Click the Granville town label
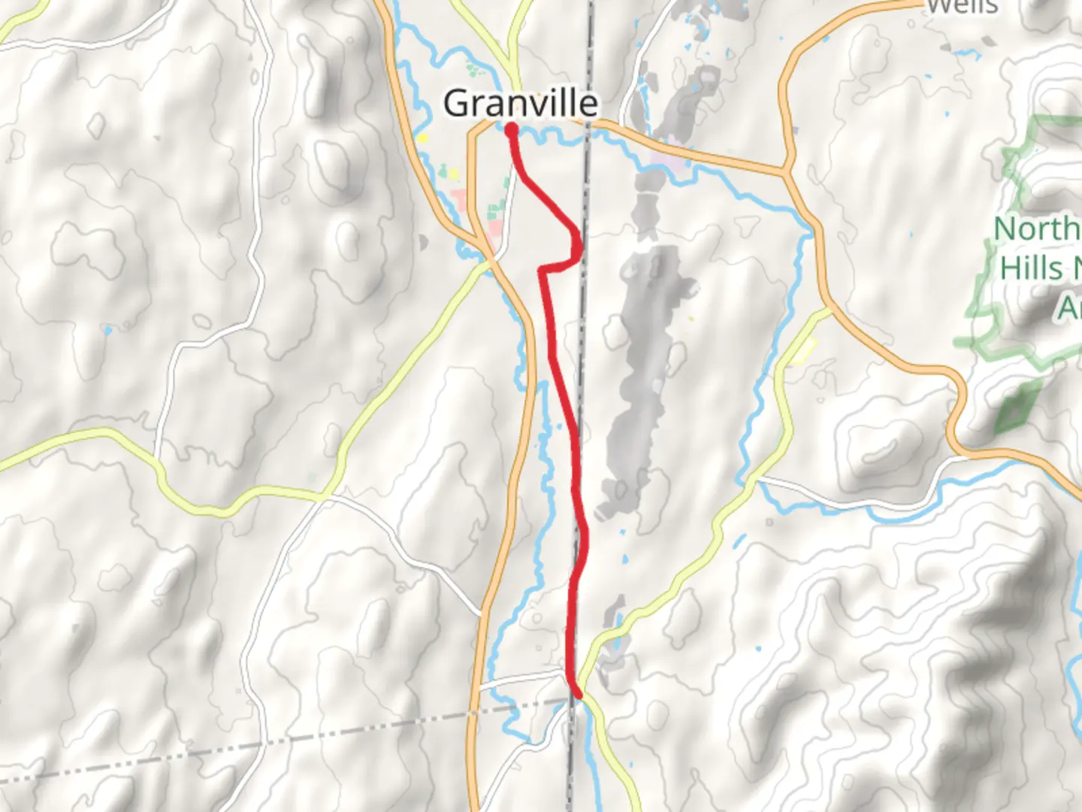pyautogui.click(x=520, y=103)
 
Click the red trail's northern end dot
pyautogui.click(x=512, y=129)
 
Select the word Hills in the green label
pyautogui.click(x=1031, y=268)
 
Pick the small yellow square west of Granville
pyautogui.click(x=422, y=138)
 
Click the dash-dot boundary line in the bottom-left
pyautogui.click(x=225, y=744)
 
